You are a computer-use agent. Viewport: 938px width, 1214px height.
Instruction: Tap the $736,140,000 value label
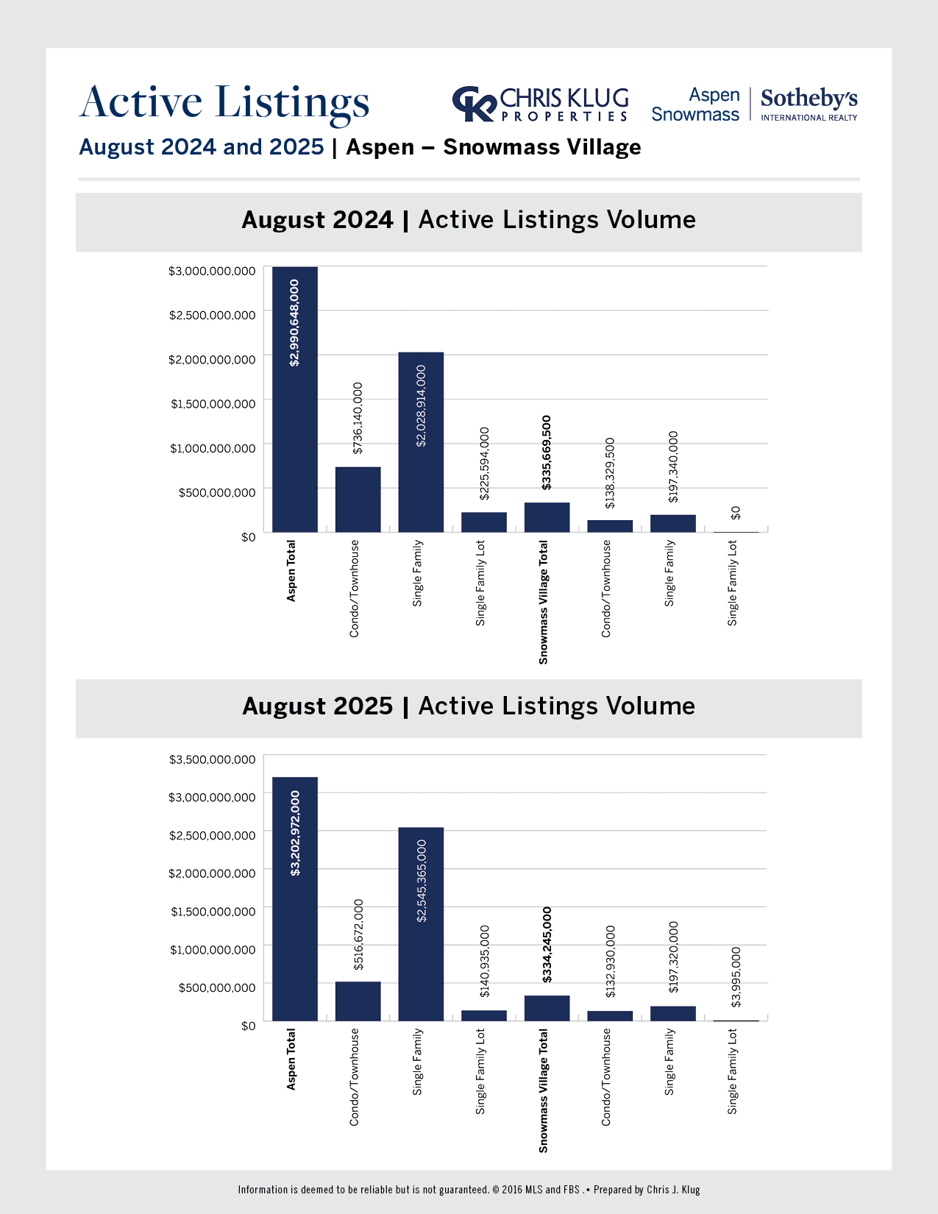point(358,418)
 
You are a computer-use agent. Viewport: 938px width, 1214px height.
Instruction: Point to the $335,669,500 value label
point(547,452)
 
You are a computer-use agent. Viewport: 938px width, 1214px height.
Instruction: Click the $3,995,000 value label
point(736,977)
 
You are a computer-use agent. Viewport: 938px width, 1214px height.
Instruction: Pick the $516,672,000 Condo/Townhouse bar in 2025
point(358,1001)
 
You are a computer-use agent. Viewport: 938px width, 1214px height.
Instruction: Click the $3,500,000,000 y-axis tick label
point(213,759)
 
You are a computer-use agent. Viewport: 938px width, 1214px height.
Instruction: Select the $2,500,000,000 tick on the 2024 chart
point(213,315)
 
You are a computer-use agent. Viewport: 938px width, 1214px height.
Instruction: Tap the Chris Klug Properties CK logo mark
point(474,104)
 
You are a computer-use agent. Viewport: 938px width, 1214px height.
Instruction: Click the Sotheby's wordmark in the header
point(809,99)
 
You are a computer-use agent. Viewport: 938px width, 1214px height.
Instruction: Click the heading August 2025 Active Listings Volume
point(469,706)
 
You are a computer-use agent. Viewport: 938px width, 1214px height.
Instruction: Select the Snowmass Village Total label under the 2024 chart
point(544,602)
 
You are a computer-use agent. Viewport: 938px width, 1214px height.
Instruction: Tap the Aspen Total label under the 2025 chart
point(291,1059)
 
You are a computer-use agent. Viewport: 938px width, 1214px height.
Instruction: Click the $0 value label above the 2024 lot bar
point(736,513)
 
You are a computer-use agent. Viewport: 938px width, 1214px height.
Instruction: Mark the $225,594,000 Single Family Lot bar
point(484,522)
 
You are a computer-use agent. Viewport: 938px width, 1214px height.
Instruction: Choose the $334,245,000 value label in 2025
point(547,945)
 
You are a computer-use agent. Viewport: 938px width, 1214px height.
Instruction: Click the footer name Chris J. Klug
point(673,1190)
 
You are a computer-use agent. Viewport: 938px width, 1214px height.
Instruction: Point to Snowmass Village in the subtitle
point(542,147)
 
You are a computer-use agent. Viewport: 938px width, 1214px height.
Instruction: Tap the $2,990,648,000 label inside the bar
point(294,322)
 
